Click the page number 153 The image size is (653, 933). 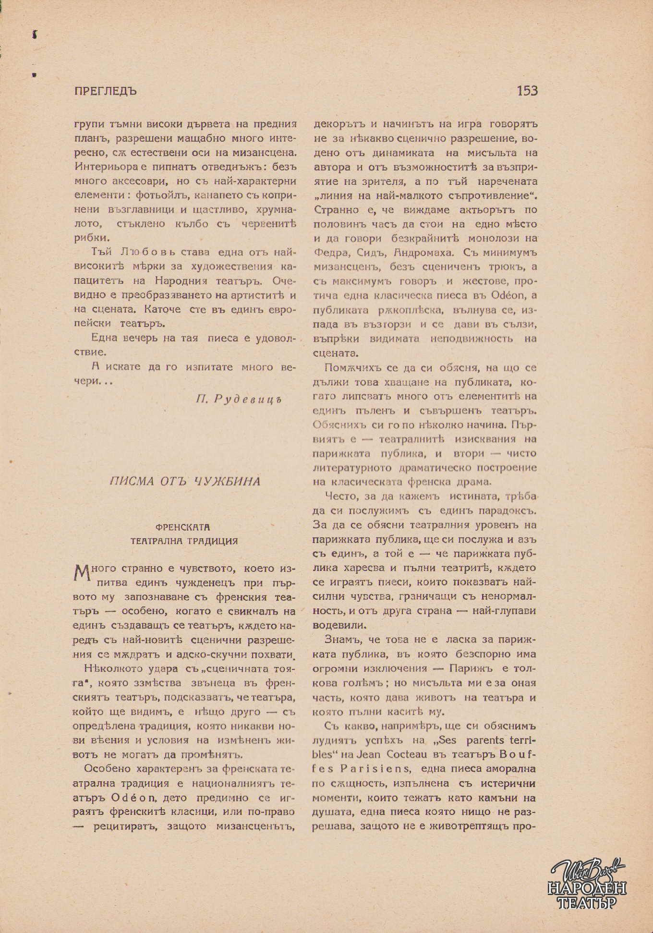(x=527, y=91)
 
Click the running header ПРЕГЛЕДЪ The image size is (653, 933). (x=106, y=91)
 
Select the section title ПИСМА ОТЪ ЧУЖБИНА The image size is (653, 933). (x=185, y=482)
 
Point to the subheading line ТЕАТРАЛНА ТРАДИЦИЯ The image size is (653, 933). (x=185, y=541)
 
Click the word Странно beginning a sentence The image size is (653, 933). (x=334, y=210)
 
